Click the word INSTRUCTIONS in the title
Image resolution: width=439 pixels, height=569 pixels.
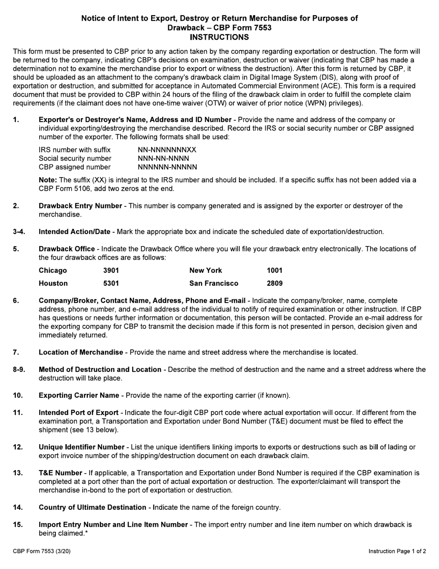(219, 37)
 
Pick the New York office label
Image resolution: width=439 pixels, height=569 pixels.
(206, 271)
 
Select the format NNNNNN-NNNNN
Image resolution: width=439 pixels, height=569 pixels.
(167, 167)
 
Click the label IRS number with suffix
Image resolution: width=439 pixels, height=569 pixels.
(74, 150)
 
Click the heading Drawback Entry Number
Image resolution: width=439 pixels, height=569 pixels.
(80, 206)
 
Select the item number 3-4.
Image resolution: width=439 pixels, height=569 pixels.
(19, 232)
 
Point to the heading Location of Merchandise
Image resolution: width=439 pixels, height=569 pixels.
(81, 353)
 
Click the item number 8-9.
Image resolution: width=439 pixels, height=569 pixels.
(19, 370)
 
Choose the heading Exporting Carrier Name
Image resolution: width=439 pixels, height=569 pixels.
(79, 396)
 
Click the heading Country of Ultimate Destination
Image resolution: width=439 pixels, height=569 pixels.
(92, 507)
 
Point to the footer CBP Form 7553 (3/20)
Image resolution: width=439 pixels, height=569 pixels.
(42, 551)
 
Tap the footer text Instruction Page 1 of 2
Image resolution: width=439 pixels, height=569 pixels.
(397, 551)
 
